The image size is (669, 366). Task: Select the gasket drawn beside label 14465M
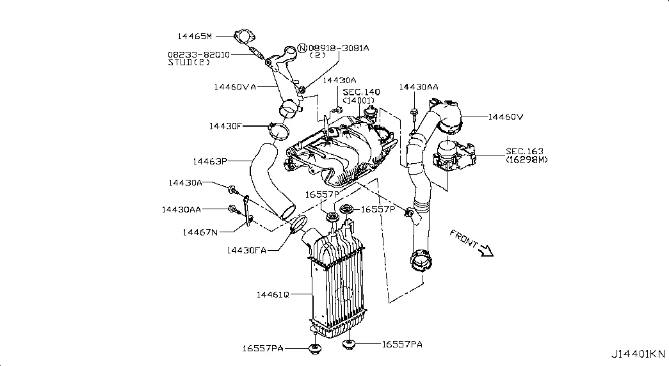point(244,38)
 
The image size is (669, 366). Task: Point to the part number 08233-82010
point(198,55)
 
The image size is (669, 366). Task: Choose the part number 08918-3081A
point(339,48)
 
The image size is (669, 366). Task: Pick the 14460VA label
point(235,86)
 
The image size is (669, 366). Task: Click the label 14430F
point(225,126)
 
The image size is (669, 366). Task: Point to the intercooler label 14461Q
point(273,294)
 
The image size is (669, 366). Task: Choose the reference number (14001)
point(359,101)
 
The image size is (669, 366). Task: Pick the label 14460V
point(506,117)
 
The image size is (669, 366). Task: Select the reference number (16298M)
point(526,159)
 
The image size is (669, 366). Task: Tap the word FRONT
point(463,237)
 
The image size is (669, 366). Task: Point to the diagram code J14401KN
point(638,353)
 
